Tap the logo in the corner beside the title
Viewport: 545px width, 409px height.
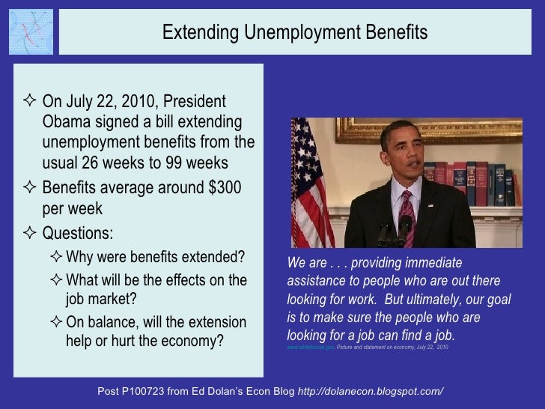click(x=31, y=31)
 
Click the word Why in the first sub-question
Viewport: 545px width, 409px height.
click(x=79, y=258)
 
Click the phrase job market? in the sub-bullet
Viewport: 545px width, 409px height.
click(x=101, y=299)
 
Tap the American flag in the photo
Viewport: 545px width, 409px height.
click(x=311, y=180)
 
